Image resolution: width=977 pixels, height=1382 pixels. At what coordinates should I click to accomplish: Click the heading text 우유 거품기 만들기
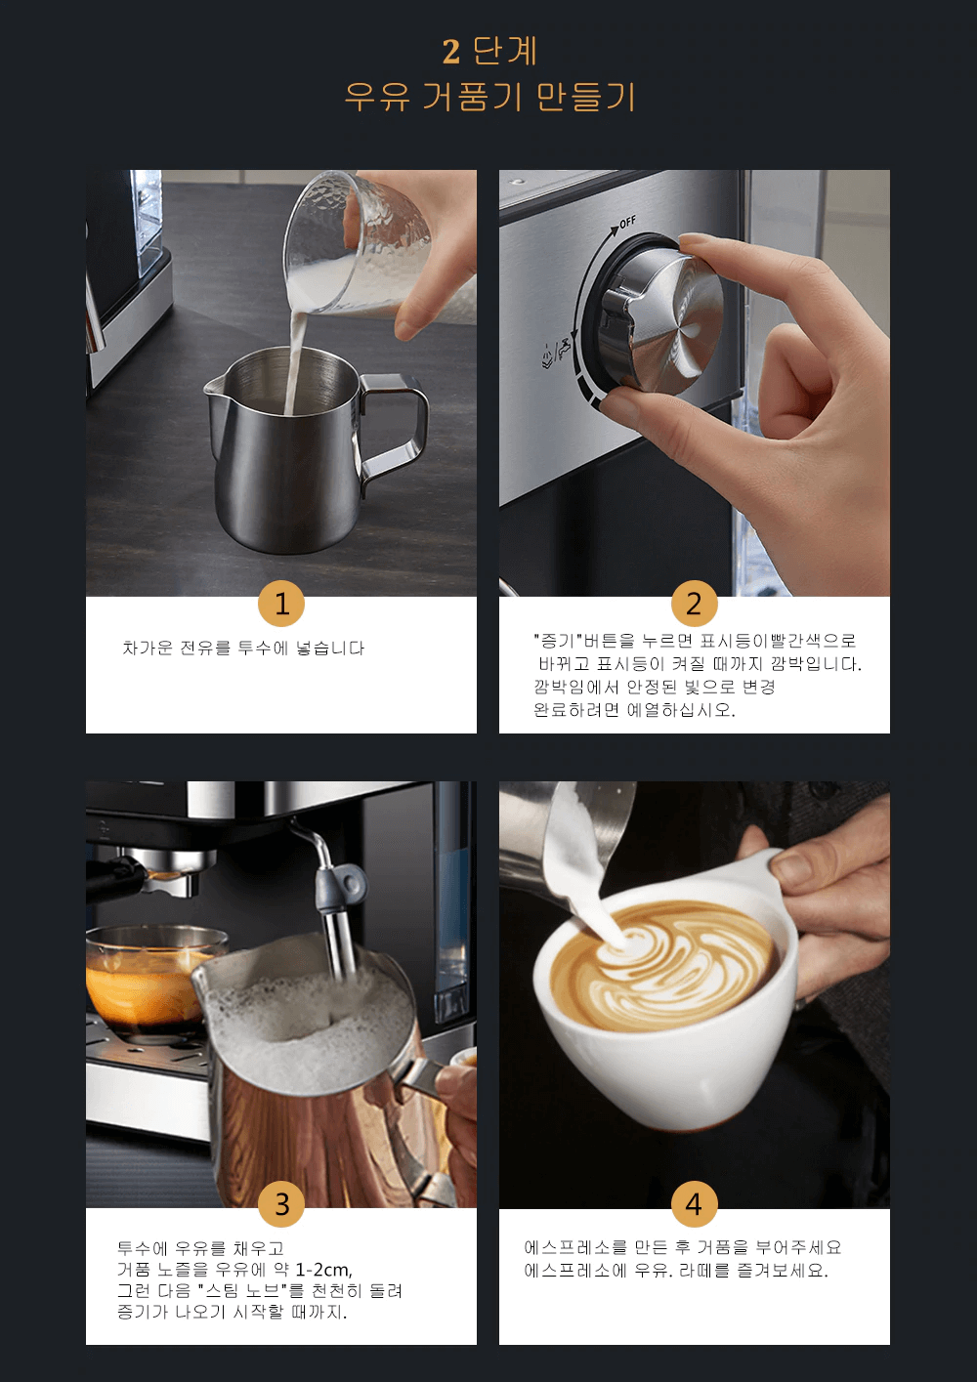coord(489,97)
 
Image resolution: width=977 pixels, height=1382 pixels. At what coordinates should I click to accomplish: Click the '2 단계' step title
coord(489,51)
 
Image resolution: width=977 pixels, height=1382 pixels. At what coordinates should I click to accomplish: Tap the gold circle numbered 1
coord(281,604)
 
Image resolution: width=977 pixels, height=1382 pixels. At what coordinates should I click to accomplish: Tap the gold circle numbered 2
coord(694,604)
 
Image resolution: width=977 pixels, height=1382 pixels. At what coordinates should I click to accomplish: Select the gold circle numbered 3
coord(281,1203)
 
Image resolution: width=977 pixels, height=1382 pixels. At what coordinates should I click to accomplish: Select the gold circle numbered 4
coord(694,1203)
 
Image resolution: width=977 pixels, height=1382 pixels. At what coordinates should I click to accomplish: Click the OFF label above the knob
coord(626,223)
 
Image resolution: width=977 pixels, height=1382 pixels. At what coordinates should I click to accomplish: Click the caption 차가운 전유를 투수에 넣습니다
coord(243,648)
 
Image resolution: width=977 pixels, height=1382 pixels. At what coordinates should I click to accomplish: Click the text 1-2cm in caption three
coord(323,1270)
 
